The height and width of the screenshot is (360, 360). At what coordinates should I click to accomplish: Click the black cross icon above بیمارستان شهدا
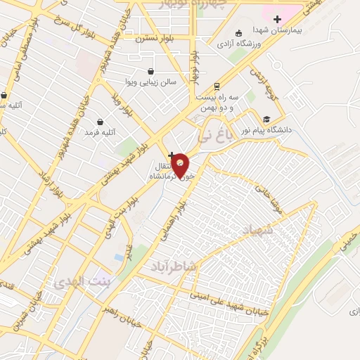(277, 18)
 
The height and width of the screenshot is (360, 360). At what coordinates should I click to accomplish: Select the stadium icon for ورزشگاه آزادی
(238, 32)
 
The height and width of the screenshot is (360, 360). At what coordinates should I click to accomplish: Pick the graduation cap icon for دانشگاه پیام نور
(266, 119)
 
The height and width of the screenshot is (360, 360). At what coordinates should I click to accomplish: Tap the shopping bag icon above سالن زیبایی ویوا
(150, 71)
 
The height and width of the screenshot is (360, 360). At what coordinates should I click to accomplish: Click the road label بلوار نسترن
(154, 39)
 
